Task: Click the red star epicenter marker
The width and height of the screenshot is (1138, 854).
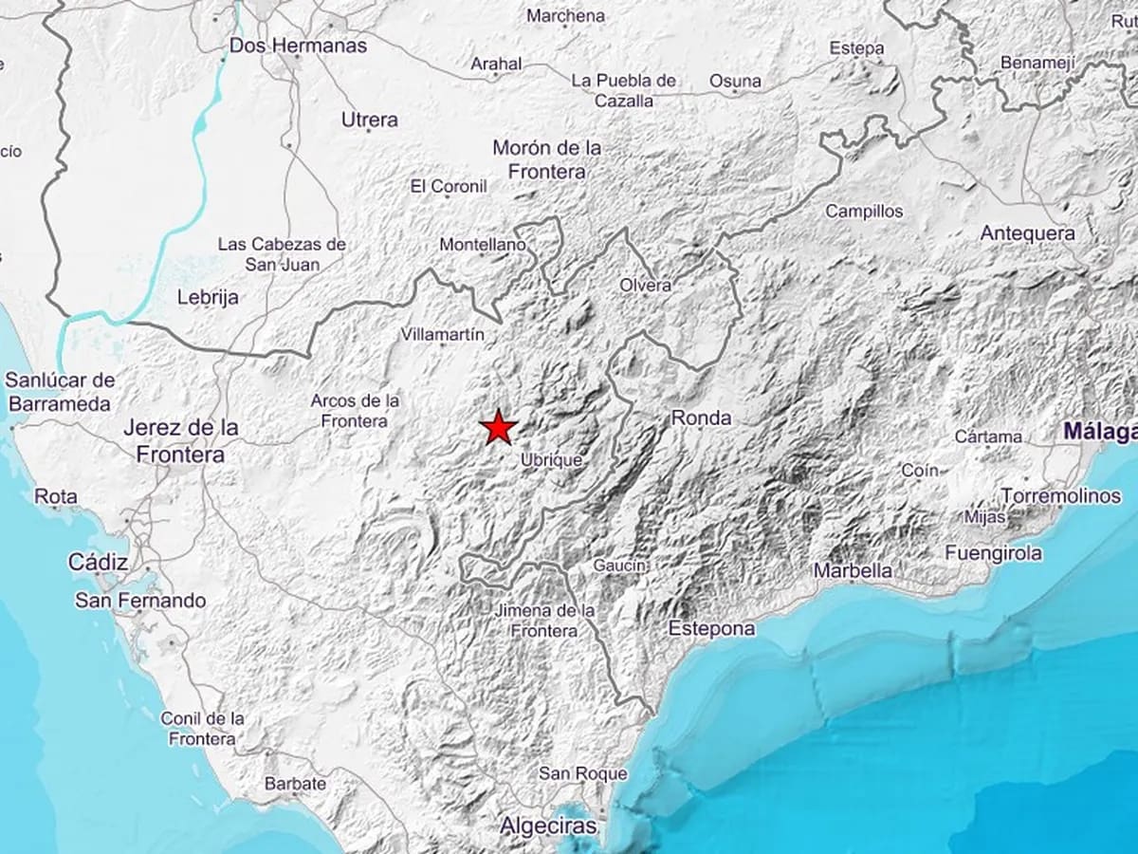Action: tap(498, 428)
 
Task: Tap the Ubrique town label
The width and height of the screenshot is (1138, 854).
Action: tap(551, 460)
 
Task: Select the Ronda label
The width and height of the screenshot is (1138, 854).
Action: tap(701, 418)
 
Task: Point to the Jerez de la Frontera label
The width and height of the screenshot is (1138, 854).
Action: tap(180, 441)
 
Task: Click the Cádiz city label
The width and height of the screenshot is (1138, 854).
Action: tap(98, 563)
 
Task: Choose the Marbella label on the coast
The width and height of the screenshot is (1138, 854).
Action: tap(853, 570)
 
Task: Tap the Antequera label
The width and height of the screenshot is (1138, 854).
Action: tap(1027, 233)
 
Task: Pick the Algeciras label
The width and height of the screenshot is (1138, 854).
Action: tap(549, 826)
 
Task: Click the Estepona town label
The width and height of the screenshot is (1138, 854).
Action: tap(711, 628)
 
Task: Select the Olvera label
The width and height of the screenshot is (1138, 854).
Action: tap(645, 285)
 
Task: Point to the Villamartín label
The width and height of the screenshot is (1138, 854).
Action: tap(443, 334)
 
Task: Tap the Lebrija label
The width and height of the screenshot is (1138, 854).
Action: tap(208, 297)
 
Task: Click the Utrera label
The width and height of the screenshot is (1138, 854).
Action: tap(369, 121)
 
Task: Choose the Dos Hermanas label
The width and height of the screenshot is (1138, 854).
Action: tap(298, 45)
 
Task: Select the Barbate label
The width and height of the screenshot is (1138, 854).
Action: tap(295, 784)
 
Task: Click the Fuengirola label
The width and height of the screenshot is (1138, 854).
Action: tap(993, 552)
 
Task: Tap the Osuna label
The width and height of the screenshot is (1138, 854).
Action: tap(735, 81)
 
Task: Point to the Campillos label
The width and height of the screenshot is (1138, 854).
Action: tap(864, 211)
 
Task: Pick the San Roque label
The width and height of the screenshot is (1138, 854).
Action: tap(582, 773)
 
